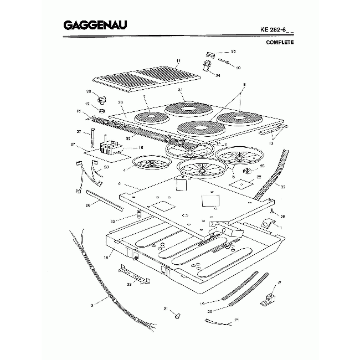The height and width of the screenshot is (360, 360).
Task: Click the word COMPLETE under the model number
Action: click(x=280, y=42)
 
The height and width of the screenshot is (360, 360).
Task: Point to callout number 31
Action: click(x=181, y=90)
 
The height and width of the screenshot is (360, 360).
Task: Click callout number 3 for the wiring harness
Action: click(x=91, y=303)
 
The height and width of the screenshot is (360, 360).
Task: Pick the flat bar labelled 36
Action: click(x=102, y=199)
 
